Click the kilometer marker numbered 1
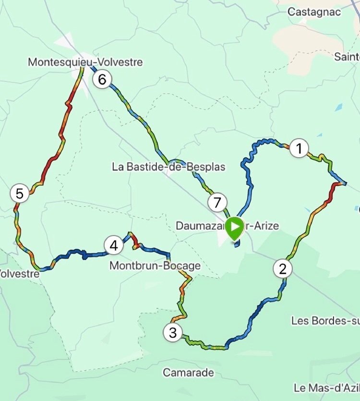point(300,149)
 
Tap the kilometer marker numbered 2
point(283,268)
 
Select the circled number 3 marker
point(173,332)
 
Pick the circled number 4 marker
point(113,246)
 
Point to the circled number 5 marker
point(19,194)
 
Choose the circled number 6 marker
point(102,79)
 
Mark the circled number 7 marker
point(217,203)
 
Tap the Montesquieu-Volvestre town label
point(85,62)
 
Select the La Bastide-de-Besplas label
point(168,167)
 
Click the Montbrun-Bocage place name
point(155,266)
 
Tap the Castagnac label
point(314,12)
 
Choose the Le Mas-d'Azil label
point(326,388)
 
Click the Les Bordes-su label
point(325,320)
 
